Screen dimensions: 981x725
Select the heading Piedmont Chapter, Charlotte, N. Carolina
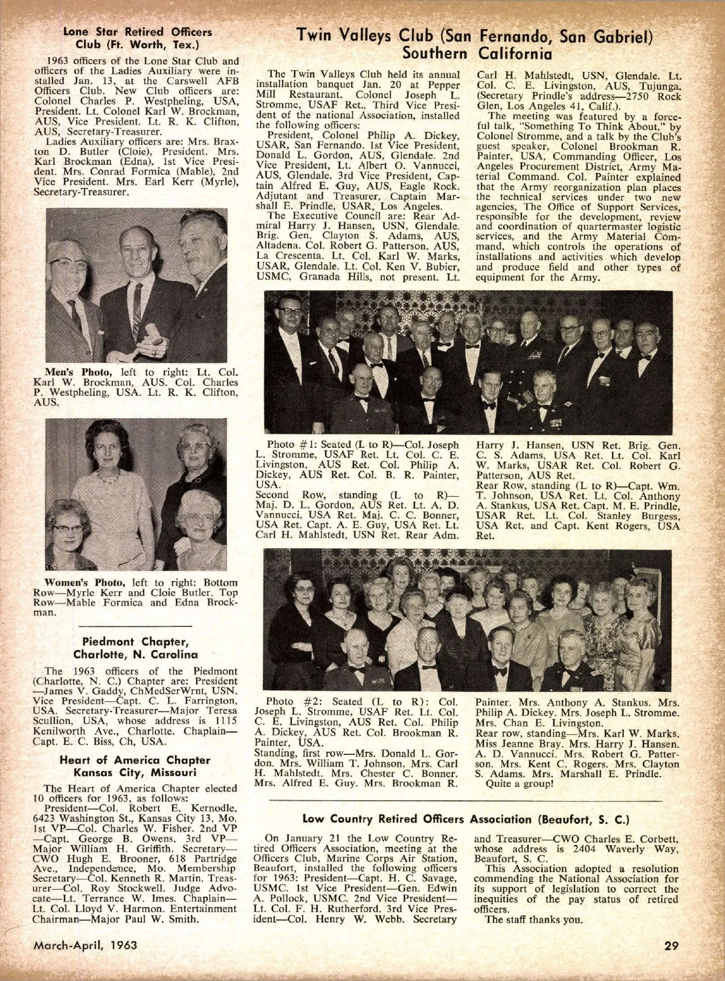click(x=135, y=647)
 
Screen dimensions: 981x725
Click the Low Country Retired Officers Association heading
click(x=466, y=819)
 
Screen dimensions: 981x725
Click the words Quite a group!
click(x=520, y=784)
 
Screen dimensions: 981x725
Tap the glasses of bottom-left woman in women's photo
click(x=68, y=527)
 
